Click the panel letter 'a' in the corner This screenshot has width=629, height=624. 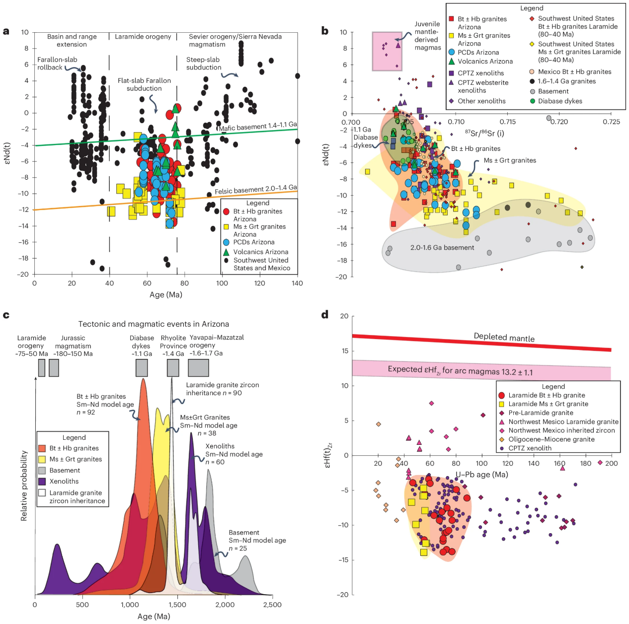click(x=6, y=31)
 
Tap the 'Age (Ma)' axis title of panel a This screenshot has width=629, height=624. click(x=165, y=294)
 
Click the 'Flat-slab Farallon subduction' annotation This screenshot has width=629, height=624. click(x=144, y=84)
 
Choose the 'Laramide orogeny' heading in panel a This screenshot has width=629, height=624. click(x=143, y=37)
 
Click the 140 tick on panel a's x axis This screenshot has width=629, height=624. click(x=297, y=283)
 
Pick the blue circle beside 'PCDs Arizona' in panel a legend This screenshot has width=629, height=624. click(x=226, y=242)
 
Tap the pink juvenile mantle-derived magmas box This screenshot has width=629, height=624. click(x=387, y=51)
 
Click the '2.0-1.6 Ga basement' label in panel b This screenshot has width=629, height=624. click(x=442, y=248)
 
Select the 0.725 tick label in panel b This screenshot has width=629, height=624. click(x=611, y=122)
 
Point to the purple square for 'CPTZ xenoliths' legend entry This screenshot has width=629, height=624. click(x=451, y=73)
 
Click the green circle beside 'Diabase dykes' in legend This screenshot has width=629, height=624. click(x=532, y=101)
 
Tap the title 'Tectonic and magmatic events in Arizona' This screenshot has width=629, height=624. click(x=154, y=324)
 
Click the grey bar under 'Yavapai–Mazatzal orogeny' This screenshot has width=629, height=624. click(x=198, y=368)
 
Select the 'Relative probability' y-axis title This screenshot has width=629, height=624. click(x=24, y=485)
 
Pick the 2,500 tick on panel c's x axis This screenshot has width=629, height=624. click(x=272, y=605)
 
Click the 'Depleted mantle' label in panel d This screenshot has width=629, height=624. click(x=504, y=337)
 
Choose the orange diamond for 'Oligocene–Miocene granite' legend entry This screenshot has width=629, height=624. click(x=501, y=439)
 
